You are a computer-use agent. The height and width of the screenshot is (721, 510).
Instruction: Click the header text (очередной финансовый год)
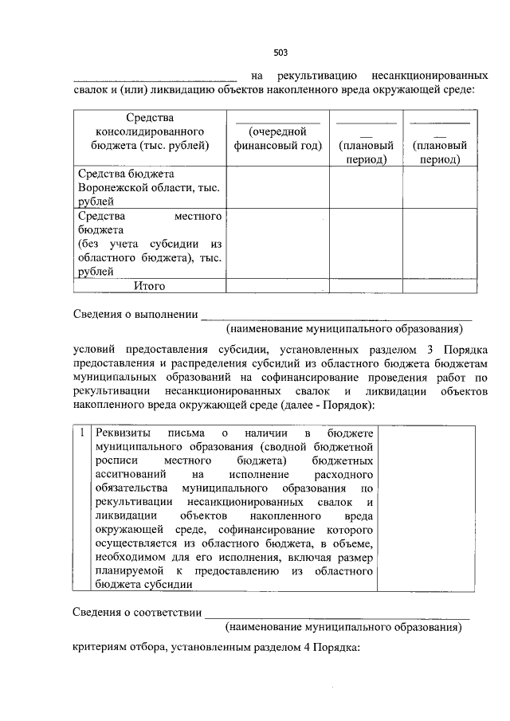pyautogui.click(x=277, y=139)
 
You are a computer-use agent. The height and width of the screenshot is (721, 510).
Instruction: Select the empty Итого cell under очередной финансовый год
pyautogui.click(x=277, y=285)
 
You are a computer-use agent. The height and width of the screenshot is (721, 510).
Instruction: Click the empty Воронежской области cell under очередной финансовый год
pyautogui.click(x=277, y=188)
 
